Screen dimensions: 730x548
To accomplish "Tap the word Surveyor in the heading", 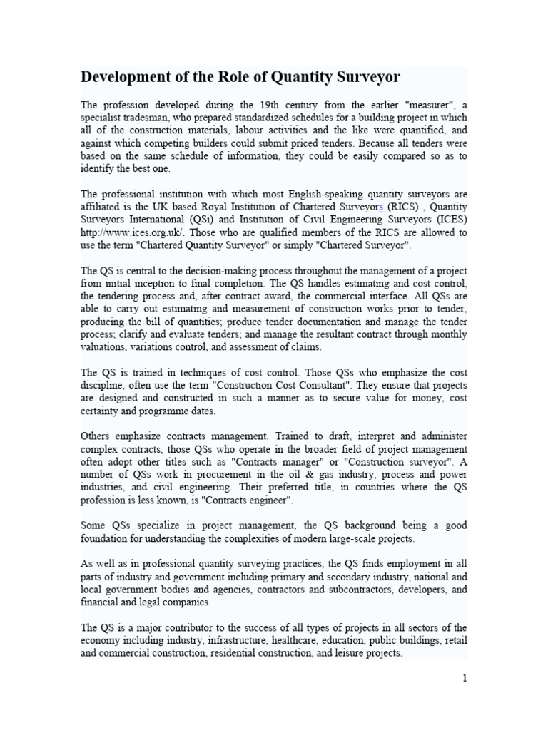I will click(x=362, y=77).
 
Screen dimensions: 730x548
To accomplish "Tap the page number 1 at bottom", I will click(x=465, y=678).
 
